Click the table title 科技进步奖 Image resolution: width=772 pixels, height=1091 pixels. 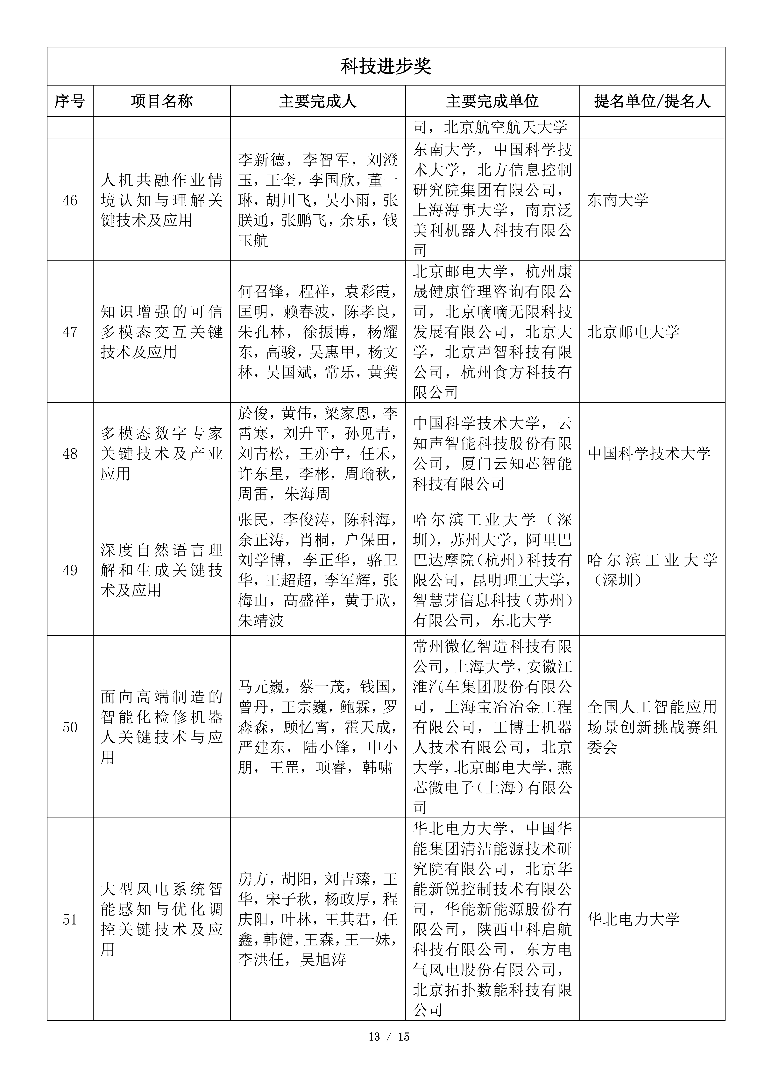pos(386,66)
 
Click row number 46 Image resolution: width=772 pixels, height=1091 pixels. pos(70,201)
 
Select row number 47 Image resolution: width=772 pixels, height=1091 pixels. pos(70,332)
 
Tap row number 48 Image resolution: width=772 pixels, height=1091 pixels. pos(70,454)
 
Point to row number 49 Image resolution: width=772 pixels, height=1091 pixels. pos(70,570)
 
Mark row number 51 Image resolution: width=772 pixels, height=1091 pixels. pos(70,919)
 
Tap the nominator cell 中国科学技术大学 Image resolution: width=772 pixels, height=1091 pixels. pos(649,454)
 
